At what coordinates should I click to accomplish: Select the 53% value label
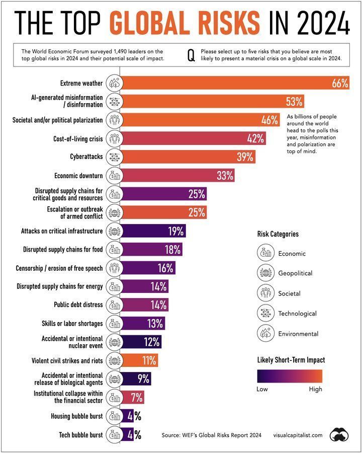pos(294,101)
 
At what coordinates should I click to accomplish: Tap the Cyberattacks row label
pos(86,157)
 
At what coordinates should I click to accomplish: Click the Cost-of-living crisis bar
pos(193,138)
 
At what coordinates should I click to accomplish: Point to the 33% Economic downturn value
pos(225,175)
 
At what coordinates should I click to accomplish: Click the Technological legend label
pos(297,314)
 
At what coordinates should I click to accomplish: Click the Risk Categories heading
pos(278,234)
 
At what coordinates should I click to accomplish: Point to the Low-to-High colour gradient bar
pos(289,376)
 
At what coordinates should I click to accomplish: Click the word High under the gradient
pos(315,389)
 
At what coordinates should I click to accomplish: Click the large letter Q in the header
pos(191,55)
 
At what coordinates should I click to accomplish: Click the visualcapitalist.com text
pos(298,435)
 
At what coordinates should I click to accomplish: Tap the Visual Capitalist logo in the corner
pos(340,434)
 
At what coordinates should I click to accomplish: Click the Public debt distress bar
pos(144,305)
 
